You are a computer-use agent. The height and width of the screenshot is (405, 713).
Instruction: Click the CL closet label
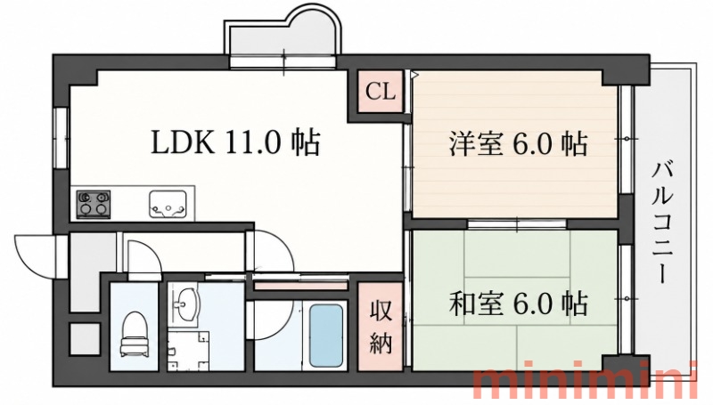[381, 92]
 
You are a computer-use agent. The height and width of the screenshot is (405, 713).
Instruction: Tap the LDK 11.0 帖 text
[235, 142]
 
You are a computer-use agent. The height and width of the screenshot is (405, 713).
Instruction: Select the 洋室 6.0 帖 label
[519, 144]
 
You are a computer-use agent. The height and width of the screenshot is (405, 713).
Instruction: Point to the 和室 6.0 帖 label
[519, 303]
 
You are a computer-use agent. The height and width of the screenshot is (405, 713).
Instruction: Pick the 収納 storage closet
[381, 326]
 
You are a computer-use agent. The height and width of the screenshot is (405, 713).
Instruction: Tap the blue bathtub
[325, 335]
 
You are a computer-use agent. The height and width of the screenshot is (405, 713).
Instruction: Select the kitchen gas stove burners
[94, 204]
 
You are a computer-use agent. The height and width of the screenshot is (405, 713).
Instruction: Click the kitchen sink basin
[168, 204]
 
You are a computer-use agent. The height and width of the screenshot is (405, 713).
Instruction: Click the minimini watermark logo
[585, 385]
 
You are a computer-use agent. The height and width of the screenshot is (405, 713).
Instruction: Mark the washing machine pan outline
[188, 351]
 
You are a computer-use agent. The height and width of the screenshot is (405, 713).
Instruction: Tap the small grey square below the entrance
[85, 339]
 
